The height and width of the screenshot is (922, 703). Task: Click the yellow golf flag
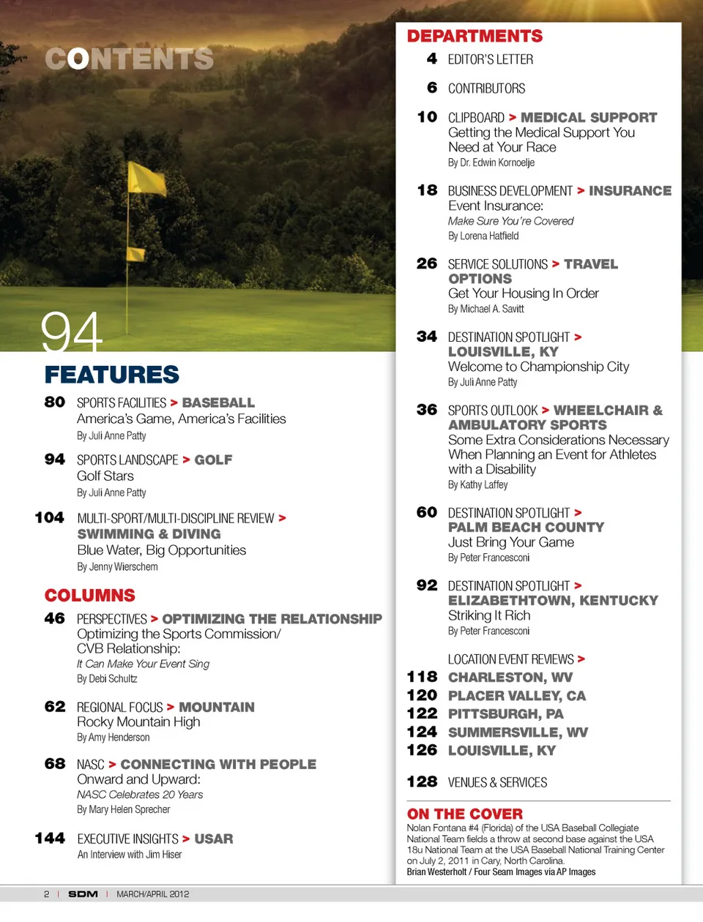tap(146, 179)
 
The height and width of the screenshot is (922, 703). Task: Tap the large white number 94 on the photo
tap(71, 333)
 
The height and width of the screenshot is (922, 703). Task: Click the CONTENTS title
tap(129, 59)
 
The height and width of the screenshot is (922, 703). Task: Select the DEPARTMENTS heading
tap(475, 36)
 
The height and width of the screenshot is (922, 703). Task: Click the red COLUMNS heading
tap(89, 595)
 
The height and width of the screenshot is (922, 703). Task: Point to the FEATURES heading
tap(111, 375)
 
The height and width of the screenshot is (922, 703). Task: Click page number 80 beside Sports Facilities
tap(55, 402)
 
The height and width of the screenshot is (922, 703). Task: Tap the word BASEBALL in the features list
tap(218, 402)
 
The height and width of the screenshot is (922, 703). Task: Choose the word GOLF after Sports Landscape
tap(213, 460)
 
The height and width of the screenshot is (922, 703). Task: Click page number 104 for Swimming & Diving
tap(50, 517)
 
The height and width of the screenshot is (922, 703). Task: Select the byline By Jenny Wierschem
tap(117, 566)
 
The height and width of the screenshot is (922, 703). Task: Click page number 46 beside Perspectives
tap(55, 618)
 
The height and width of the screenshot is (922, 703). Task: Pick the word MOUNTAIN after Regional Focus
tap(217, 707)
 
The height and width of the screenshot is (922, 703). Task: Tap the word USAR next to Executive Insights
tap(214, 839)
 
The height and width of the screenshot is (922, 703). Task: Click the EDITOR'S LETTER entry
tap(490, 59)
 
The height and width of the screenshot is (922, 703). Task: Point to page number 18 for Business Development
tap(427, 190)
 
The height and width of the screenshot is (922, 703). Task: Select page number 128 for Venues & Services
tap(422, 782)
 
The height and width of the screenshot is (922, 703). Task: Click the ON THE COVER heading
tap(464, 814)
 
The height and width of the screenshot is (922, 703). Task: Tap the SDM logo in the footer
tap(83, 893)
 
